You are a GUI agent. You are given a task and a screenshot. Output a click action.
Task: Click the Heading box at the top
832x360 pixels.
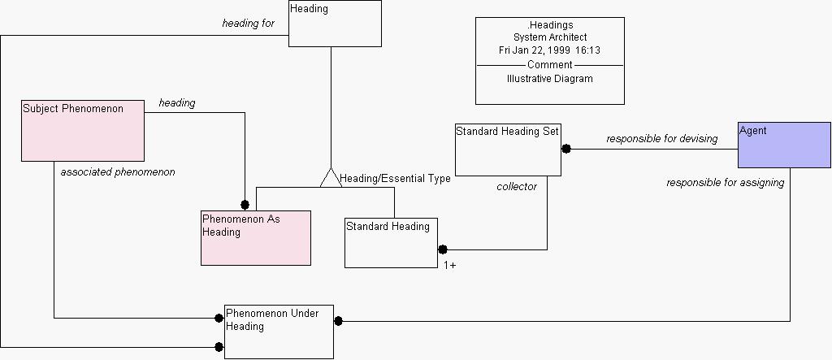335,24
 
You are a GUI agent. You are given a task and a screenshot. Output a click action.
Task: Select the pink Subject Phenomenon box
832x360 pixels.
82,131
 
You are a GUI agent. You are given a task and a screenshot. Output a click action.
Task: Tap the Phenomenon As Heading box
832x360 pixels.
256,237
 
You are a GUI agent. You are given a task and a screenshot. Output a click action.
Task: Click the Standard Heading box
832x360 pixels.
391,242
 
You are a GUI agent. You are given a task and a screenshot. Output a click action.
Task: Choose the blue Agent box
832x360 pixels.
784,145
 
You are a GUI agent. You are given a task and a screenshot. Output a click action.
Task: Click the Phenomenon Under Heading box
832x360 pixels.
279,332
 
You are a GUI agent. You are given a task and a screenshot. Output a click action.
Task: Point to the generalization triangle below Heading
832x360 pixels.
330,177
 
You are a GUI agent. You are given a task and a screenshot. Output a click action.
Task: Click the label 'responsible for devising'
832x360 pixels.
661,139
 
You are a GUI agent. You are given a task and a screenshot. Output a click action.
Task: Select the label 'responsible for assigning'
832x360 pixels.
725,183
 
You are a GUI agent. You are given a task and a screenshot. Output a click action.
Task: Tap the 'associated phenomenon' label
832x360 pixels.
118,172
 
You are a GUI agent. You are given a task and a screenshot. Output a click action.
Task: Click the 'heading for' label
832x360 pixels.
248,24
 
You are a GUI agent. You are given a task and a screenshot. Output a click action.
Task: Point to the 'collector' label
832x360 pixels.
517,187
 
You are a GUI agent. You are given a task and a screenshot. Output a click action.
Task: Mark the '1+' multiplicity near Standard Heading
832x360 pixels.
449,265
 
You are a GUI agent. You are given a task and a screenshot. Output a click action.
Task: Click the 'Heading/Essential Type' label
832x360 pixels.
395,179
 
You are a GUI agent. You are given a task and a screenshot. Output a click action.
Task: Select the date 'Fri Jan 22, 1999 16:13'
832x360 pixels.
549,50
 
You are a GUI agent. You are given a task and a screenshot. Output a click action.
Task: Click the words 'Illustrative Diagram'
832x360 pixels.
549,79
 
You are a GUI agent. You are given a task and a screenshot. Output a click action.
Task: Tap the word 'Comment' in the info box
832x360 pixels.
549,65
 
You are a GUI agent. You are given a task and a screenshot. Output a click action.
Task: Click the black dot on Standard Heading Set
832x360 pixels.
566,149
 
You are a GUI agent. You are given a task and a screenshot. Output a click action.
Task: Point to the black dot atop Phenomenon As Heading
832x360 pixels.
244,205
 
